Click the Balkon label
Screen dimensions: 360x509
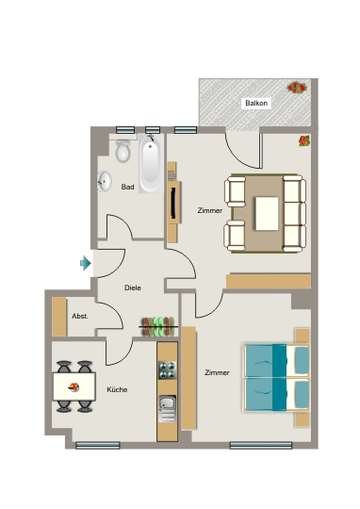coord(256,104)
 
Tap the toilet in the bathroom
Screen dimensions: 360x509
coord(123,151)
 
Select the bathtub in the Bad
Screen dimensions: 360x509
coord(151,164)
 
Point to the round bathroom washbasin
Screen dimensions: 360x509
coord(105,181)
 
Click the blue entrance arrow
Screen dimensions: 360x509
coord(86,263)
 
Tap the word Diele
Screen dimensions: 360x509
coord(133,287)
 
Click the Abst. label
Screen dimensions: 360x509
coord(80,316)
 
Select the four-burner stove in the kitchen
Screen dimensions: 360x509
coord(167,370)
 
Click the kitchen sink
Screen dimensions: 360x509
coord(167,409)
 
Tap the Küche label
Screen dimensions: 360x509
coord(117,389)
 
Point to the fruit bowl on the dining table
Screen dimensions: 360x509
coord(74,387)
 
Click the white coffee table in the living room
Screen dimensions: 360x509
coord(267,214)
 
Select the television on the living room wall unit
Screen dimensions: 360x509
coord(173,203)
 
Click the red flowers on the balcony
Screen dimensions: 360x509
coord(297,88)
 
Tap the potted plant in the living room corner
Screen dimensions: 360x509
coord(303,140)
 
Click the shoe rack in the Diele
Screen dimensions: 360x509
coord(159,326)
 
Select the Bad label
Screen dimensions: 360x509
coord(127,187)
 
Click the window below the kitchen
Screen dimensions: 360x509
coord(98,445)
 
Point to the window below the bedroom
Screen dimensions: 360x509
coord(261,445)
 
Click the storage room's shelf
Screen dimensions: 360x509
coord(59,317)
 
